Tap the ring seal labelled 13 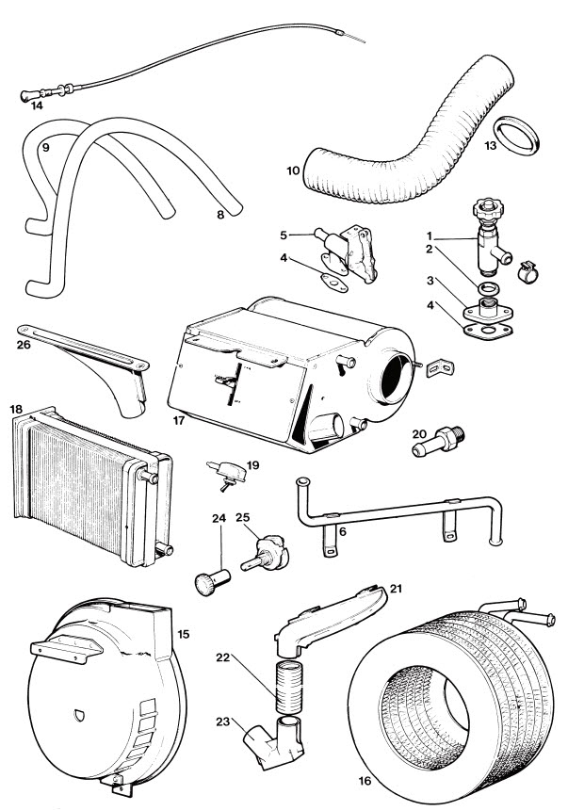pos(516,138)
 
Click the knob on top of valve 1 pos(491,203)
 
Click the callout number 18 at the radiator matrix pos(16,411)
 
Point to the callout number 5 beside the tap pos(283,235)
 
